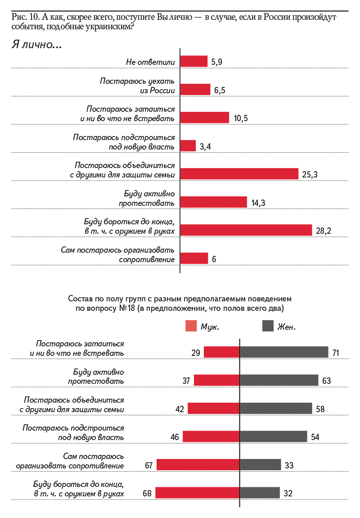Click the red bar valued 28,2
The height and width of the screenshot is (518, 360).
point(246,230)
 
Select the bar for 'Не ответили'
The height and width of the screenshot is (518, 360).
point(194,61)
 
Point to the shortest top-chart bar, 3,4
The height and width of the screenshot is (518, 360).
point(188,146)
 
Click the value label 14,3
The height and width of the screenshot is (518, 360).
point(258,203)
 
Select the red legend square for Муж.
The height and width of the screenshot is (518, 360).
point(191,327)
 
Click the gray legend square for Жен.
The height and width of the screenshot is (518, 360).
point(268,327)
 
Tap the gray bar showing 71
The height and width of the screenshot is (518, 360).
point(284,352)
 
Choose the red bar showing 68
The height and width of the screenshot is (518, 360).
point(198,493)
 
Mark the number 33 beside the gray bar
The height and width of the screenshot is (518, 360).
point(289,465)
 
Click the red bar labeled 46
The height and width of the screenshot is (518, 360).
point(211,436)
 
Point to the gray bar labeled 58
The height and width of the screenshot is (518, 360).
point(276,409)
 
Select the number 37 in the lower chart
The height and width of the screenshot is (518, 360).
point(186,381)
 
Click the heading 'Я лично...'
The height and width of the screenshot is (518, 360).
point(36,45)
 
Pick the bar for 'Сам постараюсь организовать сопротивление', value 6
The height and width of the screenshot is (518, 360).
point(194,259)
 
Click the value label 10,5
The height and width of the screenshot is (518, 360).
point(241,118)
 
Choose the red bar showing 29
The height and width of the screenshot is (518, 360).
point(221,352)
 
